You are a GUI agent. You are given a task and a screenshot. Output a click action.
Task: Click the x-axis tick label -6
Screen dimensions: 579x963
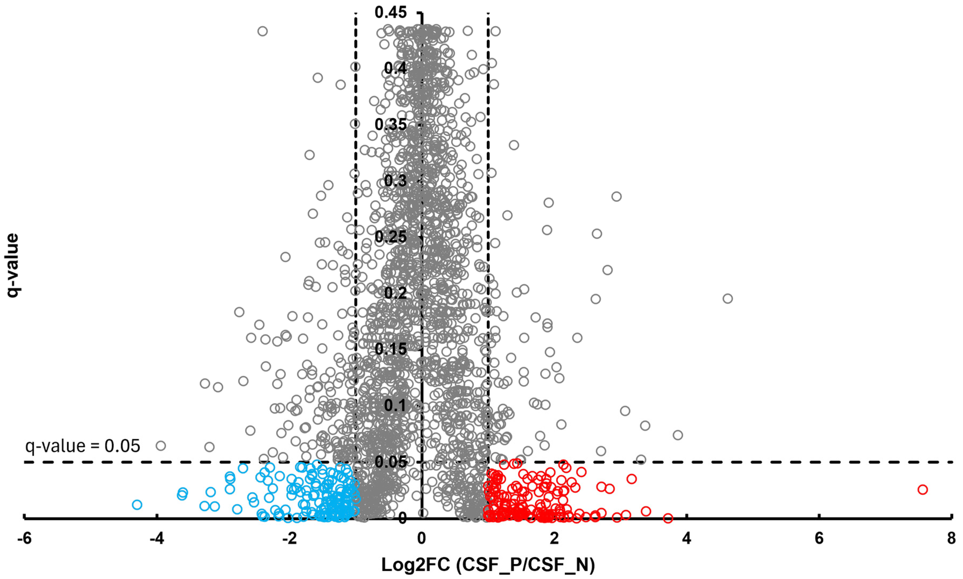(x=24, y=539)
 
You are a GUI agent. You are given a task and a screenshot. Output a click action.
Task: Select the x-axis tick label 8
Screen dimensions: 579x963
(x=951, y=539)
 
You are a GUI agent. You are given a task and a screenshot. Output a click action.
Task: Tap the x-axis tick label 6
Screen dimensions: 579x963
(x=819, y=539)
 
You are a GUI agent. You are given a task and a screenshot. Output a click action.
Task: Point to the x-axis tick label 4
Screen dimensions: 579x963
(x=686, y=539)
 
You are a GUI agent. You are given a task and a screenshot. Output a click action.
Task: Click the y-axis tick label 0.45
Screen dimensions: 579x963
(x=391, y=13)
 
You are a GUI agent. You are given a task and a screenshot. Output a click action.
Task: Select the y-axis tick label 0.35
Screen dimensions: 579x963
(x=391, y=125)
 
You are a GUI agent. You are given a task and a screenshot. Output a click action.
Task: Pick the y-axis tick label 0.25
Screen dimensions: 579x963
(x=391, y=237)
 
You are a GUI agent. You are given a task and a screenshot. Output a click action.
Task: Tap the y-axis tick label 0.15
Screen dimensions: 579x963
(x=391, y=349)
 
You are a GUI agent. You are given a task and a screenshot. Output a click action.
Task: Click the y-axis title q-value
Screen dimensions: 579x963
(x=13, y=265)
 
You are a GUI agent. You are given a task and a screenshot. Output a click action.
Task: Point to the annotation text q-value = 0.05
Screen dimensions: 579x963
(x=83, y=446)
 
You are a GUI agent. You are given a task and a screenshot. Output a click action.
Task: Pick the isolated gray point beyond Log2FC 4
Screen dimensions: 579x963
(x=727, y=299)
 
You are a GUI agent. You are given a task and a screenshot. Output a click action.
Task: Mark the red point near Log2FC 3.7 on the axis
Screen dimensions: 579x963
(x=668, y=518)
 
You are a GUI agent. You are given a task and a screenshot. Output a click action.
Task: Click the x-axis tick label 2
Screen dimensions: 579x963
(x=554, y=539)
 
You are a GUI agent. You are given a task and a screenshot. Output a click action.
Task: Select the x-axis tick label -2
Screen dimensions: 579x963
(x=289, y=539)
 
